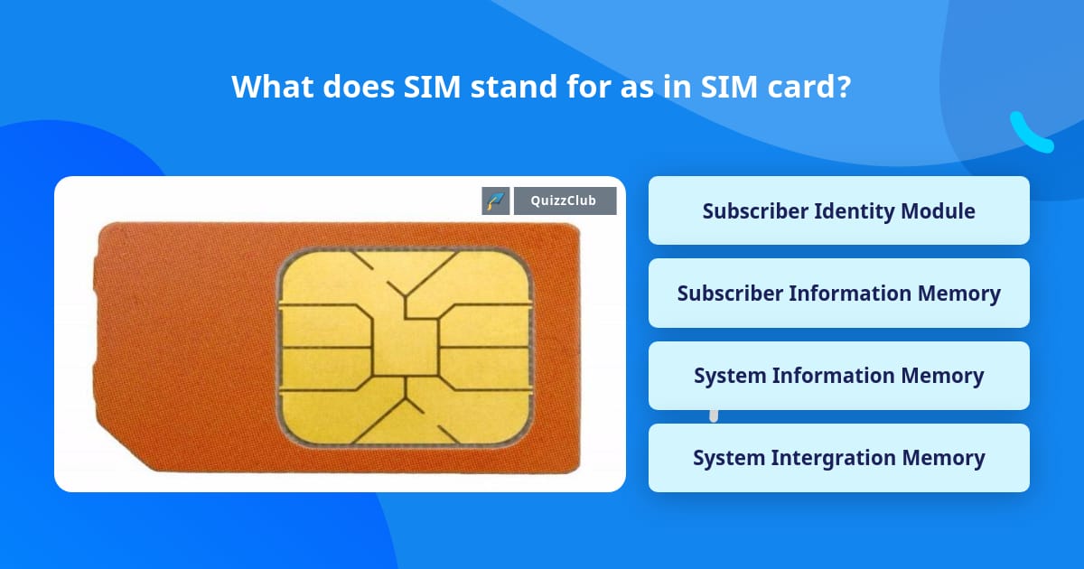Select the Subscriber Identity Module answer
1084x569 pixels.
coord(838,210)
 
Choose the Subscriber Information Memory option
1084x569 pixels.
coord(838,294)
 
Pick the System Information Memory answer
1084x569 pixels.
coord(838,376)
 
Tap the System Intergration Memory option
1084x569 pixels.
coord(838,458)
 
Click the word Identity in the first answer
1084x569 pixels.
coord(855,211)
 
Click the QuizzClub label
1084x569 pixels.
coord(565,201)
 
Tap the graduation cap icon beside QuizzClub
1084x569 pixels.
coord(495,201)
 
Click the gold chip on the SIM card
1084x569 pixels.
coord(406,347)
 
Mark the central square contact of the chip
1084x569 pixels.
coord(406,348)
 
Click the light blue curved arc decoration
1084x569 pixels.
coord(1029,134)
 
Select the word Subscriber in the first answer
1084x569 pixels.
coord(754,211)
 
